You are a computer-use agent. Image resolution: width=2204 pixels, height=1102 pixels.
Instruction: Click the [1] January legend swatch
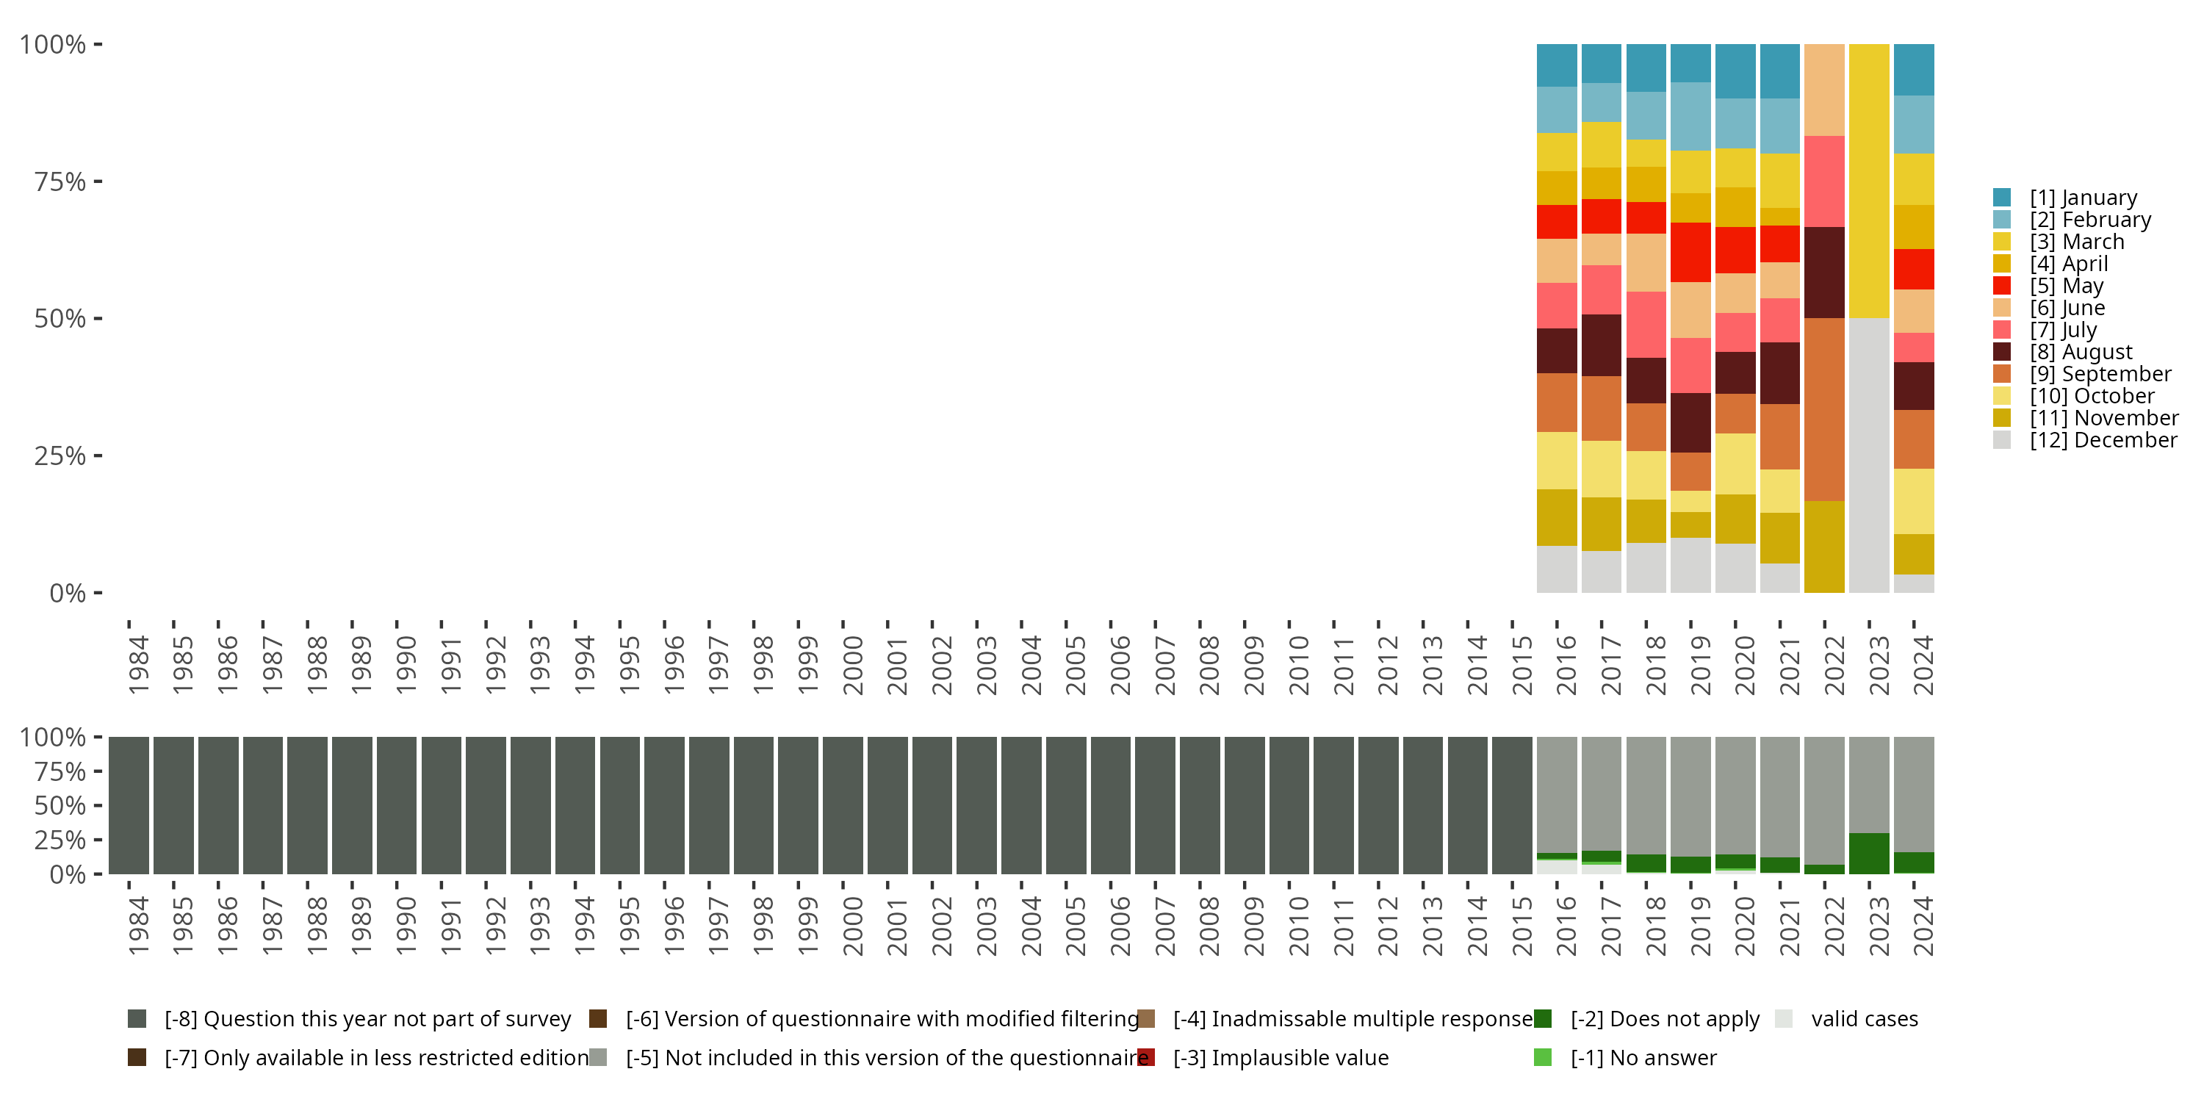click(2001, 198)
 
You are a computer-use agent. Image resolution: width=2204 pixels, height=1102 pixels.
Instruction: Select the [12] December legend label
click(2102, 441)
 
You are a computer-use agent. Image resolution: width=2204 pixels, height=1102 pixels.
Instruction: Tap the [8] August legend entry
click(2080, 353)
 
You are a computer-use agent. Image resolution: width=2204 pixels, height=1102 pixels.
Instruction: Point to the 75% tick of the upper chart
click(98, 181)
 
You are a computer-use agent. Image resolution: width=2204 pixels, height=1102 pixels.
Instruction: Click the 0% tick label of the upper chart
click(67, 593)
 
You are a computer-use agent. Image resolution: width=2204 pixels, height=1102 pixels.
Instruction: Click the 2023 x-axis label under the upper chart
click(1877, 666)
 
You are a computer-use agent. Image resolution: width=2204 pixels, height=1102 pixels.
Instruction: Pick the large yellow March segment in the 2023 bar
click(1868, 180)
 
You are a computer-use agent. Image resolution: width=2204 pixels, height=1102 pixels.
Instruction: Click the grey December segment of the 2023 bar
click(1868, 455)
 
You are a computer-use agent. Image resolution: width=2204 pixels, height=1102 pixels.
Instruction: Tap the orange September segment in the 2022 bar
click(1824, 409)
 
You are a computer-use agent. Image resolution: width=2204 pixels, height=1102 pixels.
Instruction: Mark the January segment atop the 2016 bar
click(1556, 65)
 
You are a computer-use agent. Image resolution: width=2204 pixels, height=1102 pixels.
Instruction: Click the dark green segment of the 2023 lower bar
click(1868, 853)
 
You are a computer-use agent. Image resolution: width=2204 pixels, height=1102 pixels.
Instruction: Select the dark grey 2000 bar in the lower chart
click(843, 805)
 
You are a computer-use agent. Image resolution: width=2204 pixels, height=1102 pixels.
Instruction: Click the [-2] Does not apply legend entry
click(1664, 1019)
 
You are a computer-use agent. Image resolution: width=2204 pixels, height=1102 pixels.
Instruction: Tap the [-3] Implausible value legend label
click(1280, 1059)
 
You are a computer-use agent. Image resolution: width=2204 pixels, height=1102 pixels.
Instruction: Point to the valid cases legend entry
click(1863, 1019)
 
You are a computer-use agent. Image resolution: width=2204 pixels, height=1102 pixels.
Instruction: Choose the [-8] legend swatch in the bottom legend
click(137, 1019)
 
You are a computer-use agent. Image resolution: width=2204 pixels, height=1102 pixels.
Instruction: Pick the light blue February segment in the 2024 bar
click(1913, 124)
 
